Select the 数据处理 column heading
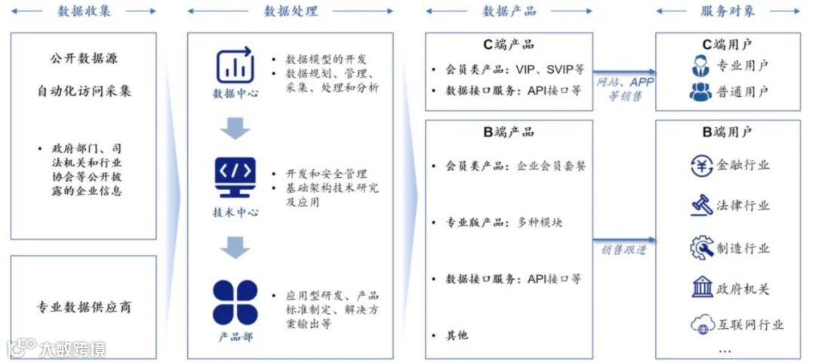[291, 11]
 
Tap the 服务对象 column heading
[727, 11]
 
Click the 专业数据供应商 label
[84, 307]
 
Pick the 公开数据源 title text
[84, 59]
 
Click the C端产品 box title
[509, 45]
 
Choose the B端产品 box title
[509, 132]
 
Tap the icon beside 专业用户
[700, 66]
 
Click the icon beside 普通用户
[700, 92]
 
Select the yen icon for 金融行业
[702, 165]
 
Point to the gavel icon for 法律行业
[702, 205]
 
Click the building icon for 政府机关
[702, 287]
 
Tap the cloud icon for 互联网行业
[702, 325]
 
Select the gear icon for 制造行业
[702, 247]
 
